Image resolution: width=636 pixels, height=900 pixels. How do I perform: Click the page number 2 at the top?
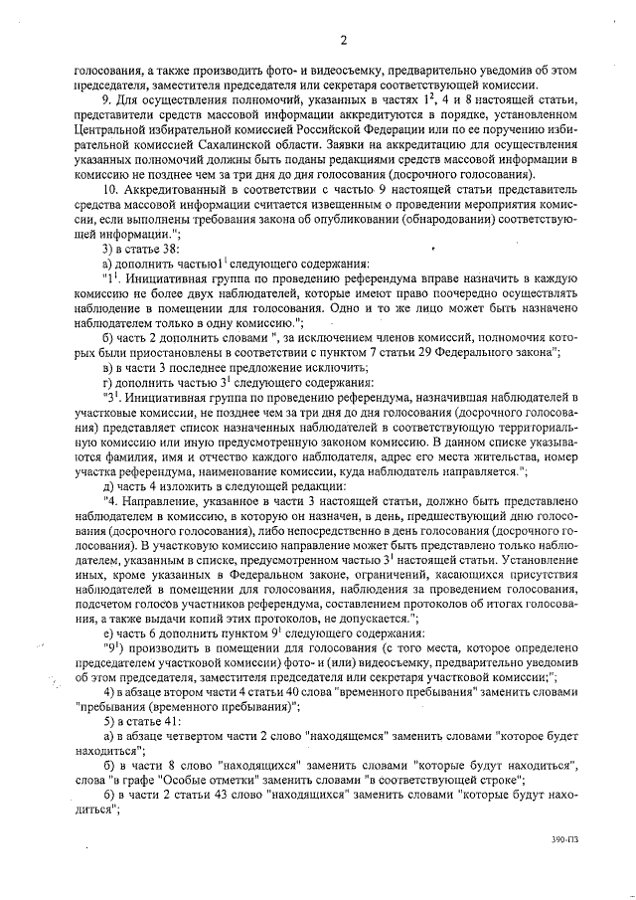(x=342, y=40)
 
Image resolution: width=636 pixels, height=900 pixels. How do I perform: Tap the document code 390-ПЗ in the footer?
(x=566, y=867)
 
